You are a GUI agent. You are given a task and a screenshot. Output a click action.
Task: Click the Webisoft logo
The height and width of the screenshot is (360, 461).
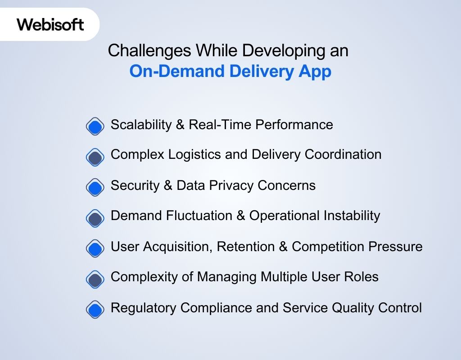click(50, 24)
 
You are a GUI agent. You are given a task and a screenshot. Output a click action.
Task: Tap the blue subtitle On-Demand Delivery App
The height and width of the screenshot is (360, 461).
click(230, 72)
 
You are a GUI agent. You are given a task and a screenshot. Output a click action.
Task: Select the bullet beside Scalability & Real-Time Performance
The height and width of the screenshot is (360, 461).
click(95, 126)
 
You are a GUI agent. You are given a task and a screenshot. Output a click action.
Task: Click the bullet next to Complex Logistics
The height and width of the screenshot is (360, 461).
click(95, 157)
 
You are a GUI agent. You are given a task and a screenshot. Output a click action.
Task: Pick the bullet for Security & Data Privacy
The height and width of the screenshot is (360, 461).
click(95, 187)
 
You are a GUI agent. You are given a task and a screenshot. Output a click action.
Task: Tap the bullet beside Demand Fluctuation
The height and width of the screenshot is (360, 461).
click(95, 218)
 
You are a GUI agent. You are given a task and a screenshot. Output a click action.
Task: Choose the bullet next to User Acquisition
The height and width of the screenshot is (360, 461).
click(95, 248)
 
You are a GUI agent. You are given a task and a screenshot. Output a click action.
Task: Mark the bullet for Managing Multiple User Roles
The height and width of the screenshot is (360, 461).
click(95, 279)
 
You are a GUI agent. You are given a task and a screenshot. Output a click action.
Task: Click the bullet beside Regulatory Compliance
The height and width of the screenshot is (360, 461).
click(95, 309)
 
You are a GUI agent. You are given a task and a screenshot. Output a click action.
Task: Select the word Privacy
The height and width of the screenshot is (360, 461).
click(231, 185)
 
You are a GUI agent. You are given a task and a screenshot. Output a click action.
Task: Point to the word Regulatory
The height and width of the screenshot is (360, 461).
click(144, 308)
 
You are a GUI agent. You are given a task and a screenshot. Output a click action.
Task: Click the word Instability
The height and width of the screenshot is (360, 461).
click(352, 216)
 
